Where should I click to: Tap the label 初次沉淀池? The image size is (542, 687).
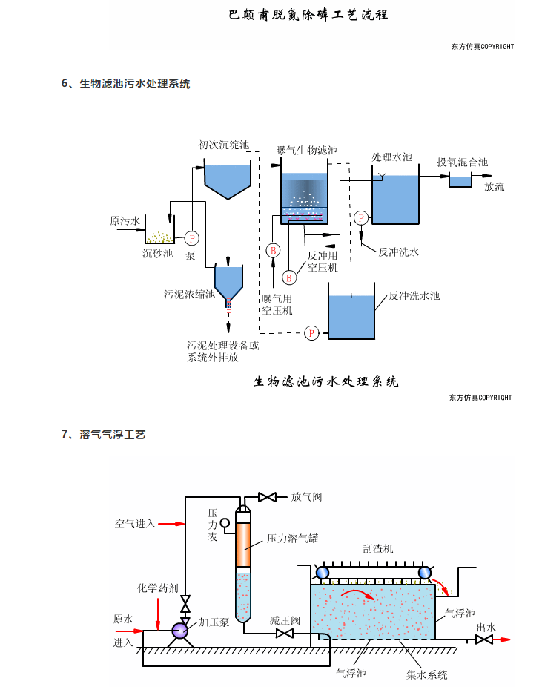223,145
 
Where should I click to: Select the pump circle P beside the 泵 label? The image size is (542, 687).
192,238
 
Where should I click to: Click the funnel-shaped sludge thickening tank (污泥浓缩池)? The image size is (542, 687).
228,286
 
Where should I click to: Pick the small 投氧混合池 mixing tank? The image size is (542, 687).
460,180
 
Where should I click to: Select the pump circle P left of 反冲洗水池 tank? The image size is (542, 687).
311,333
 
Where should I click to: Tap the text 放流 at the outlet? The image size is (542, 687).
495,187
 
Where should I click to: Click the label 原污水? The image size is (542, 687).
125,220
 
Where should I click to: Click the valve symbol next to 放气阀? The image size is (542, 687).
267,497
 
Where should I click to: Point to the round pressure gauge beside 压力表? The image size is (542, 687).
225,523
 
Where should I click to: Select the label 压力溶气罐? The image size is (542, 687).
292,538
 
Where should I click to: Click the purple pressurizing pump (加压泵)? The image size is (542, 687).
179,631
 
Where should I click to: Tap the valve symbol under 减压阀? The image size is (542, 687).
285,633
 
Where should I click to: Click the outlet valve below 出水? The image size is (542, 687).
483,640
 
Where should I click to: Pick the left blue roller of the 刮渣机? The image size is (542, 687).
323,572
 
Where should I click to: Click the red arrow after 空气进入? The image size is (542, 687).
171,524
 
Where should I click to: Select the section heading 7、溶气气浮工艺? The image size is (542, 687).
103,434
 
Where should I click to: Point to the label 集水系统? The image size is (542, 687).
427,674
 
